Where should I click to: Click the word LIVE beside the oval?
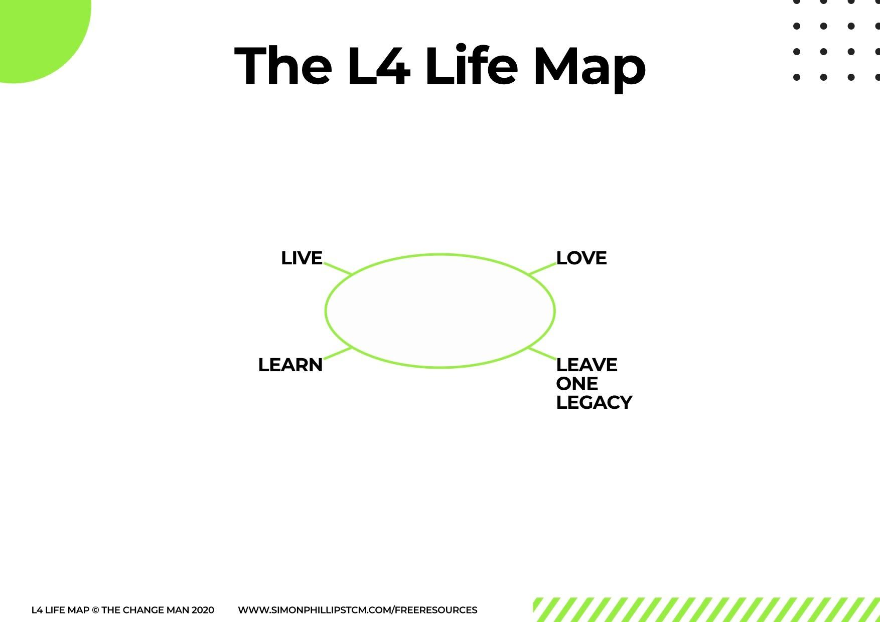tap(302, 258)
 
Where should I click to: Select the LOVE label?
tap(581, 258)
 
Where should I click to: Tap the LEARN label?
tap(290, 365)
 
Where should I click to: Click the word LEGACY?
tap(594, 403)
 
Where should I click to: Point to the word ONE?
tap(577, 384)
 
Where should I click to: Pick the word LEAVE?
tap(586, 365)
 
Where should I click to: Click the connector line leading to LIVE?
tap(338, 268)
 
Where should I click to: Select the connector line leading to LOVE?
tap(542, 268)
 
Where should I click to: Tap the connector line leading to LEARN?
tap(338, 354)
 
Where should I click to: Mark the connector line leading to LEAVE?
tap(542, 354)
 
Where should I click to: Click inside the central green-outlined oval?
tap(440, 311)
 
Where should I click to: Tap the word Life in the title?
tap(471, 66)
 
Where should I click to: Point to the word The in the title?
tap(283, 66)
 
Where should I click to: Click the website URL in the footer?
tap(357, 610)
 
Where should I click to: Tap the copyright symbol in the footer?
tap(95, 610)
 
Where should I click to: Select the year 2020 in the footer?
tap(203, 610)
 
